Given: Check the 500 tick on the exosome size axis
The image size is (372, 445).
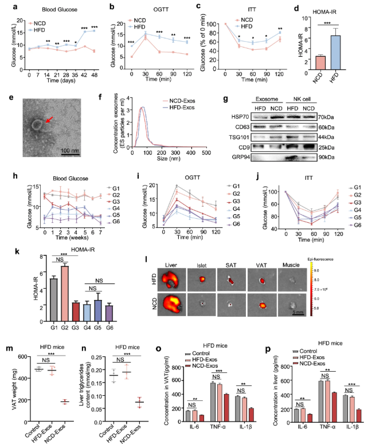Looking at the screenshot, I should point(204,163).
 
